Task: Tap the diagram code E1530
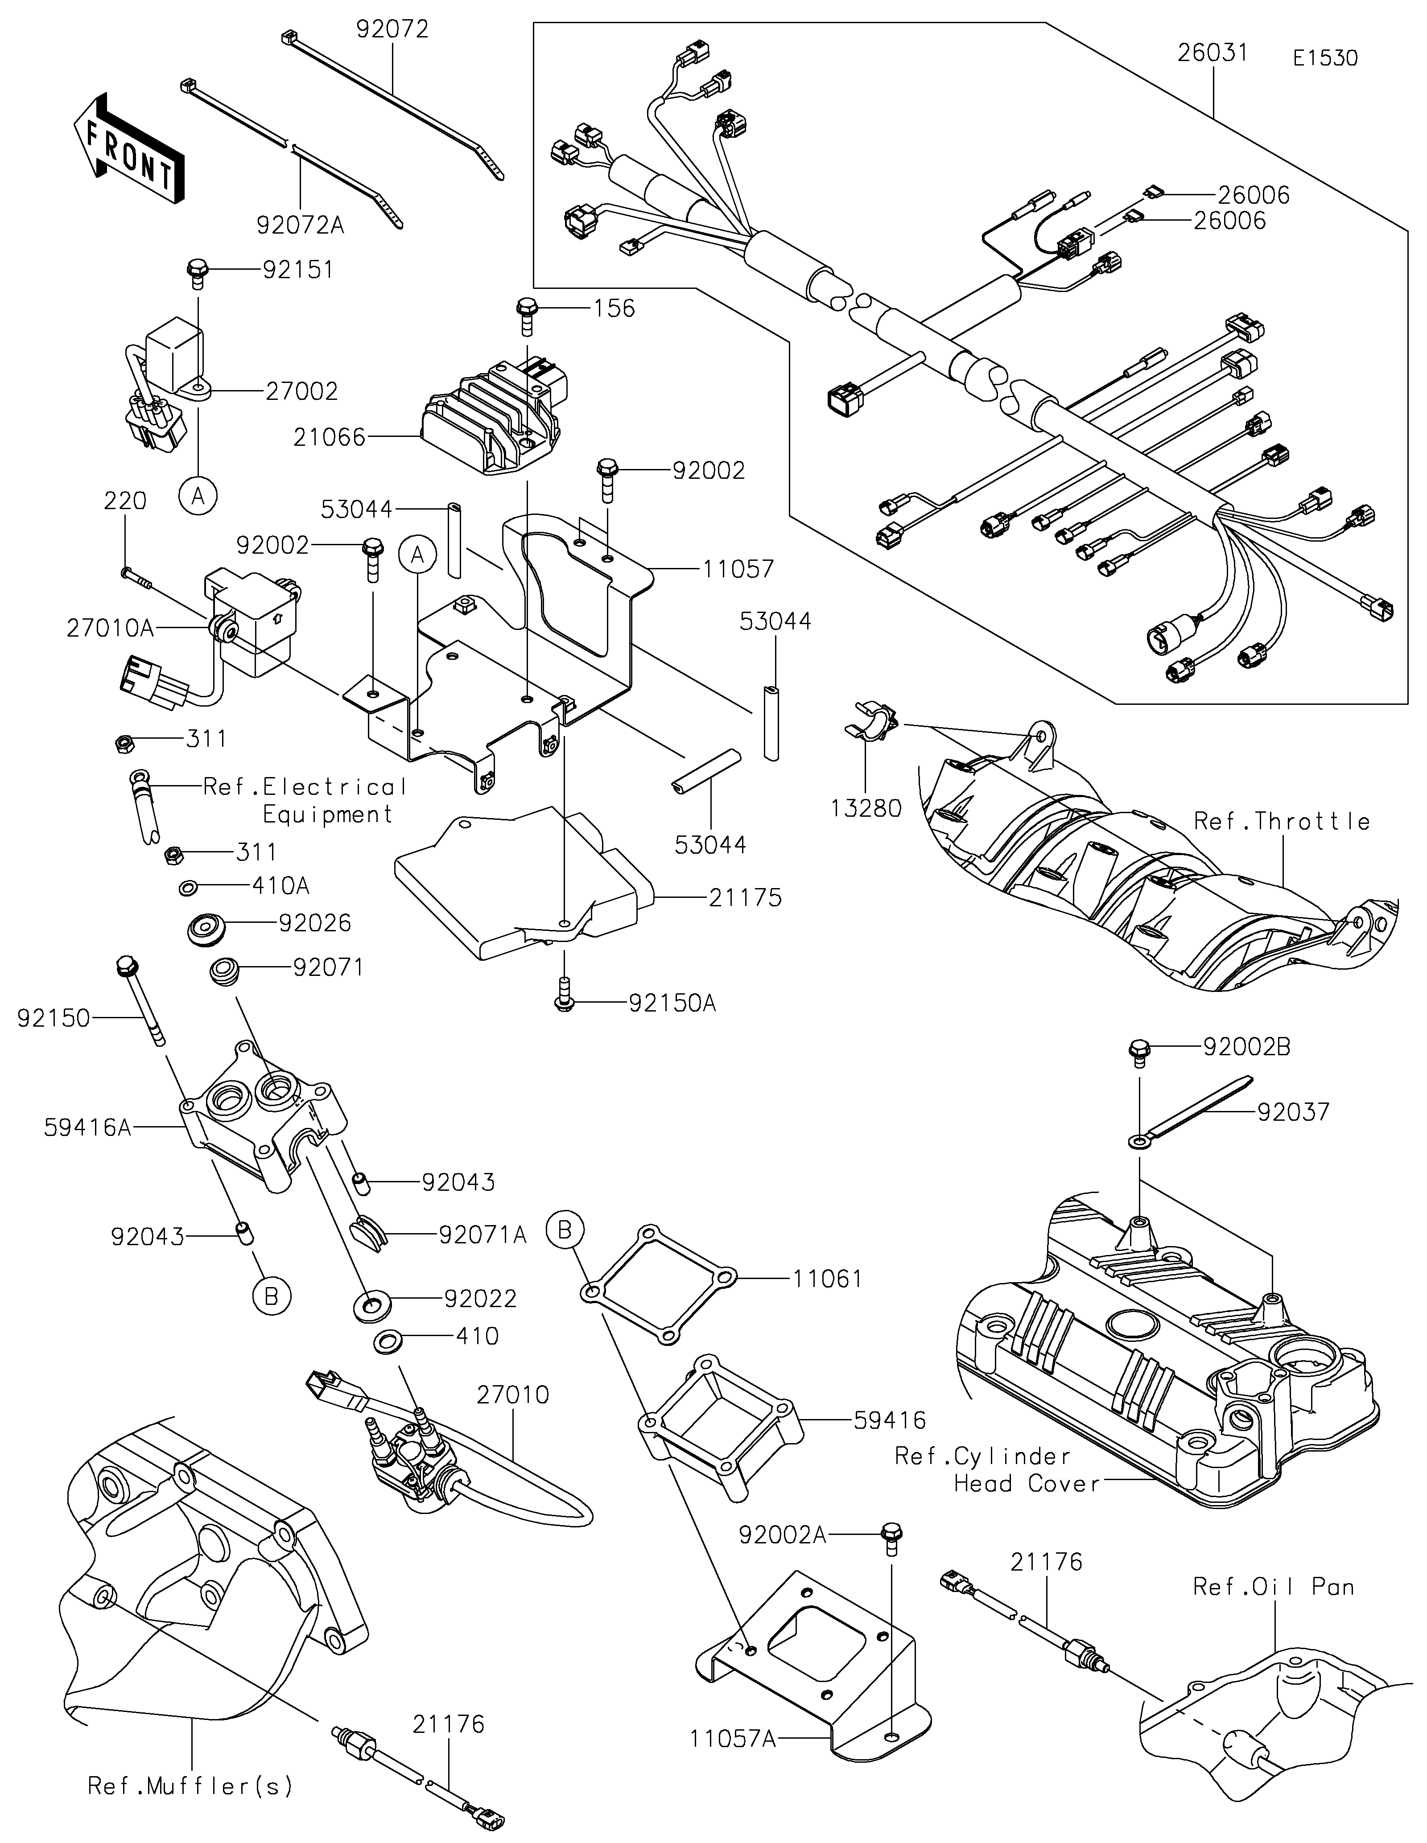[1325, 58]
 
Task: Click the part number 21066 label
[329, 437]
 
